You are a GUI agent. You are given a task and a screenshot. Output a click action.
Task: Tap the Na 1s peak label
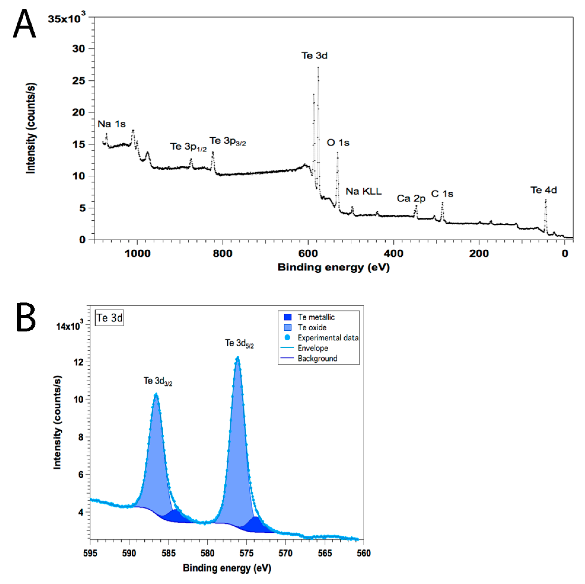point(112,124)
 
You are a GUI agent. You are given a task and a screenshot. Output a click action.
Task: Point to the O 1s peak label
point(338,143)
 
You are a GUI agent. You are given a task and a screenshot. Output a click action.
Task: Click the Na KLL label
point(363,191)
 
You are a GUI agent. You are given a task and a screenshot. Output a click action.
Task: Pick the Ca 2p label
point(411,199)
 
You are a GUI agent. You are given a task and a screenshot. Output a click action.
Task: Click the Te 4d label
point(543,190)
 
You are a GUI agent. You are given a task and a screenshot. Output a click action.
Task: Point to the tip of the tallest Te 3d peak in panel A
point(318,68)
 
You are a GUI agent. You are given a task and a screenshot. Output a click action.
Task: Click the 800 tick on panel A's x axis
point(223,253)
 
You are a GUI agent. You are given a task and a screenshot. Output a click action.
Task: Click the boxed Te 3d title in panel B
point(109,318)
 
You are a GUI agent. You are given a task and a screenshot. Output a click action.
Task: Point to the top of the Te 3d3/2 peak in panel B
point(156,394)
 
